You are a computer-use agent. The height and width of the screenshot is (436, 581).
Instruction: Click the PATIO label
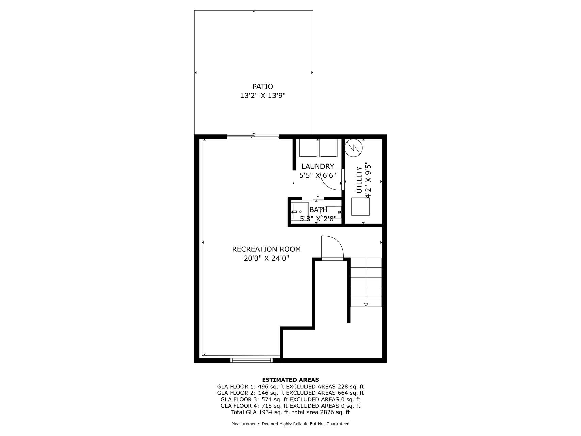[x=263, y=87]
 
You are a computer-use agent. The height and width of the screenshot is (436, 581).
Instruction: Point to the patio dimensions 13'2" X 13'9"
[x=263, y=96]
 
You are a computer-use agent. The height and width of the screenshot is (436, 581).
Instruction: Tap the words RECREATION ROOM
[x=266, y=249]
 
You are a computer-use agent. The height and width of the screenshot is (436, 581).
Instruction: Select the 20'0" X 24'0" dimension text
[x=266, y=259]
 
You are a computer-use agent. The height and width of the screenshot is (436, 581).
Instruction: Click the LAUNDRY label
[x=318, y=166]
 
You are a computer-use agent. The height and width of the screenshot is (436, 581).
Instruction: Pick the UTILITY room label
[x=359, y=180]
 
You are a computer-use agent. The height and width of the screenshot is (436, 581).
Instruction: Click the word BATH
[x=318, y=210]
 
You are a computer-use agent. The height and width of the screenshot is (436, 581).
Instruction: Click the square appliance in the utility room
[x=360, y=206]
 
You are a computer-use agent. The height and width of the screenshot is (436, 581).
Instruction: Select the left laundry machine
[x=309, y=148]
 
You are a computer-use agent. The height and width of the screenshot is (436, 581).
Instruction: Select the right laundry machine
[x=329, y=148]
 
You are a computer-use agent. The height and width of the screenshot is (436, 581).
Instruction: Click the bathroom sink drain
[x=300, y=212]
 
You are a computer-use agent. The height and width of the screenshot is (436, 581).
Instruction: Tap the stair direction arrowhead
[x=366, y=305]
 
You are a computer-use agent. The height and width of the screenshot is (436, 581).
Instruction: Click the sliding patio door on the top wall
[x=253, y=137]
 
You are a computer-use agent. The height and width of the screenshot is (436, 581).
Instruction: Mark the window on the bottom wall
[x=252, y=360]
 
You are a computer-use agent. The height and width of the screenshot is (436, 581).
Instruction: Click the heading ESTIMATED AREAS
[x=290, y=380]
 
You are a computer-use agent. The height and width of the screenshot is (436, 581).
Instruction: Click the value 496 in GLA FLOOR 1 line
[x=263, y=387]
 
